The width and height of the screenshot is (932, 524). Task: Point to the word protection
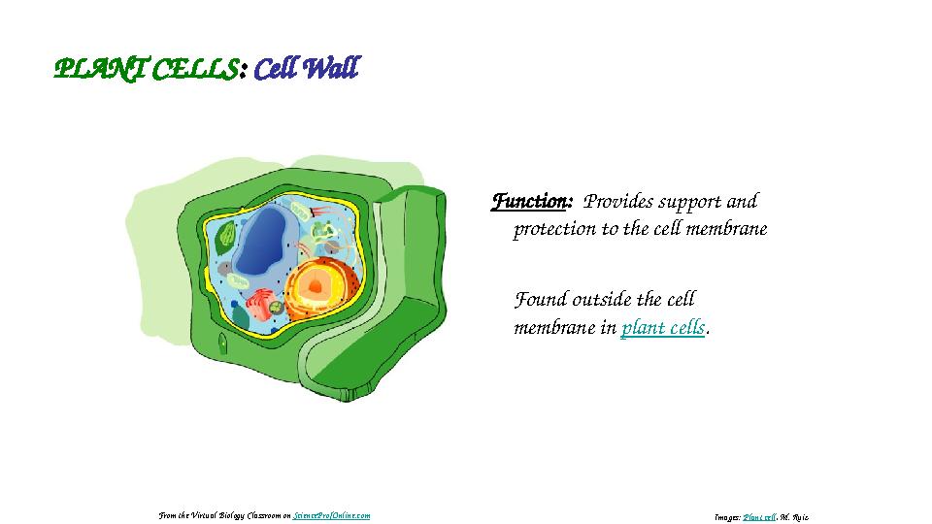(554, 230)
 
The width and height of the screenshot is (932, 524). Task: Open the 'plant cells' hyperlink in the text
(662, 328)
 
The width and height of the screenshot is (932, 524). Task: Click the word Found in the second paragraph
(540, 299)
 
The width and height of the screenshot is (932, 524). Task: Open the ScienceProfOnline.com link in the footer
(331, 516)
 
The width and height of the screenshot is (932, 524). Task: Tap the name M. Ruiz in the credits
(794, 517)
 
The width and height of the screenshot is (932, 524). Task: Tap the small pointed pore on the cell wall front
(223, 344)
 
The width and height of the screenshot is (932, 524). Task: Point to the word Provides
(617, 202)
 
